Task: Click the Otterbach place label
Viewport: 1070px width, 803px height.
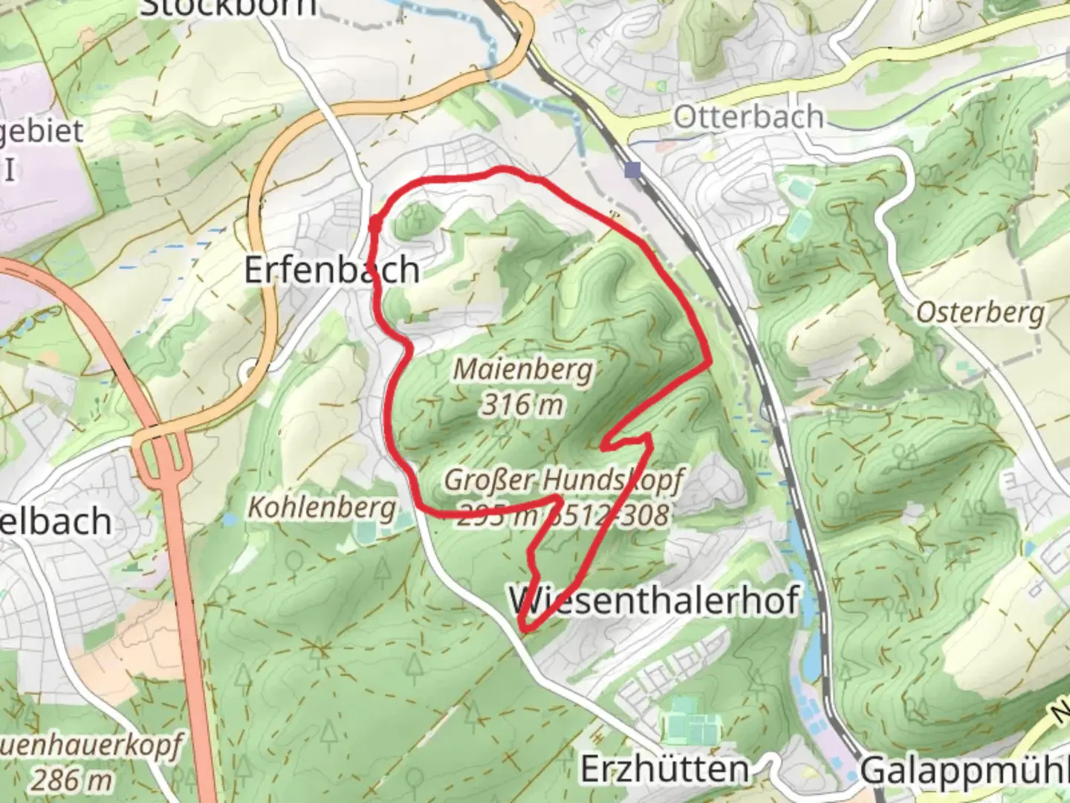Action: click(748, 117)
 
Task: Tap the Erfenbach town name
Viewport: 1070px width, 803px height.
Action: click(331, 269)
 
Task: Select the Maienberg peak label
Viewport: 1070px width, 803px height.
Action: click(523, 370)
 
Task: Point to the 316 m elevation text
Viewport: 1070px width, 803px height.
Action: click(522, 405)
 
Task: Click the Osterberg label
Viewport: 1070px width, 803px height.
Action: click(980, 312)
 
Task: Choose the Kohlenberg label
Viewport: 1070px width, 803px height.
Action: click(321, 509)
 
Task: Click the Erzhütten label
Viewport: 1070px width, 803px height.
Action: click(664, 769)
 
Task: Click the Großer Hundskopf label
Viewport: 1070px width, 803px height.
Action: click(562, 480)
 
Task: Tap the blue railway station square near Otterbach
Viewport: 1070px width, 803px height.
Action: click(633, 170)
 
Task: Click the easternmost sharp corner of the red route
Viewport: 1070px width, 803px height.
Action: click(710, 364)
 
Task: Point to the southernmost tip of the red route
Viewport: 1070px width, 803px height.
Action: click(525, 631)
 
